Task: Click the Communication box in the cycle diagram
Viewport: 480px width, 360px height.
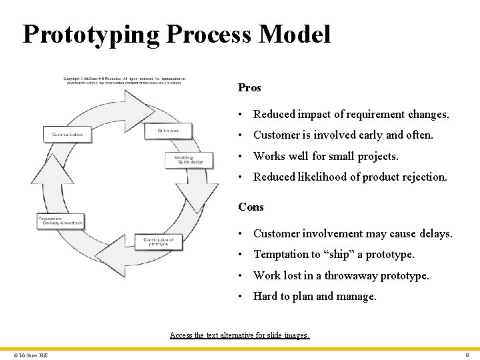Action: [x=67, y=135]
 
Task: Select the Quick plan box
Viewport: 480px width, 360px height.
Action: [x=168, y=131]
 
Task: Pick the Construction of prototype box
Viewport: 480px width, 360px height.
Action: [x=159, y=241]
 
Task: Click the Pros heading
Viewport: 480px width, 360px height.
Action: [x=249, y=88]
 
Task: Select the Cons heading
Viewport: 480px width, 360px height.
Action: [x=251, y=207]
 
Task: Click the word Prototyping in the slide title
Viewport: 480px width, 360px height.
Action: [x=91, y=34]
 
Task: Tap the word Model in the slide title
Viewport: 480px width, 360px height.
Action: [x=296, y=34]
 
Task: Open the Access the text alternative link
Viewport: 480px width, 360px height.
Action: [x=240, y=335]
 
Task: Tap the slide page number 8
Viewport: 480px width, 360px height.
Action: [x=467, y=355]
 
